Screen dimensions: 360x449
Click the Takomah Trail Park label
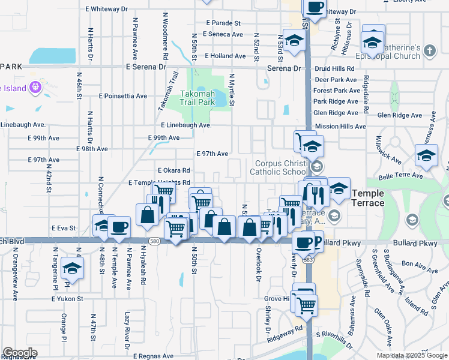[x=197, y=98]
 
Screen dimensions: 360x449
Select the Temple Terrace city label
[x=367, y=197]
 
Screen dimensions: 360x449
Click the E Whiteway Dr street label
[x=107, y=9]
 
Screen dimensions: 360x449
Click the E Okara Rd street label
[x=173, y=170]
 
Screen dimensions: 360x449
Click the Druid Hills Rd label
[x=334, y=68]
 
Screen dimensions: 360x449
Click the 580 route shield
[x=155, y=241]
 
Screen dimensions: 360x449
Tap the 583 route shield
[x=309, y=260]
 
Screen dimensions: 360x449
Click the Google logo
[x=20, y=353]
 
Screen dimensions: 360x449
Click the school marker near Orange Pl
[x=72, y=268]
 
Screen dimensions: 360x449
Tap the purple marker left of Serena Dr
[x=35, y=88]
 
